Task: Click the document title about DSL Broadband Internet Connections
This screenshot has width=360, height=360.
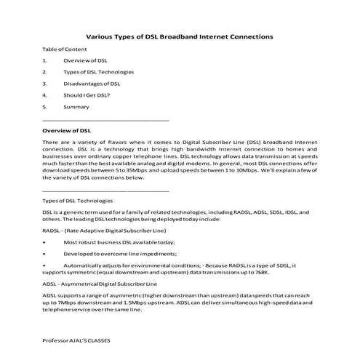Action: point(180,35)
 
